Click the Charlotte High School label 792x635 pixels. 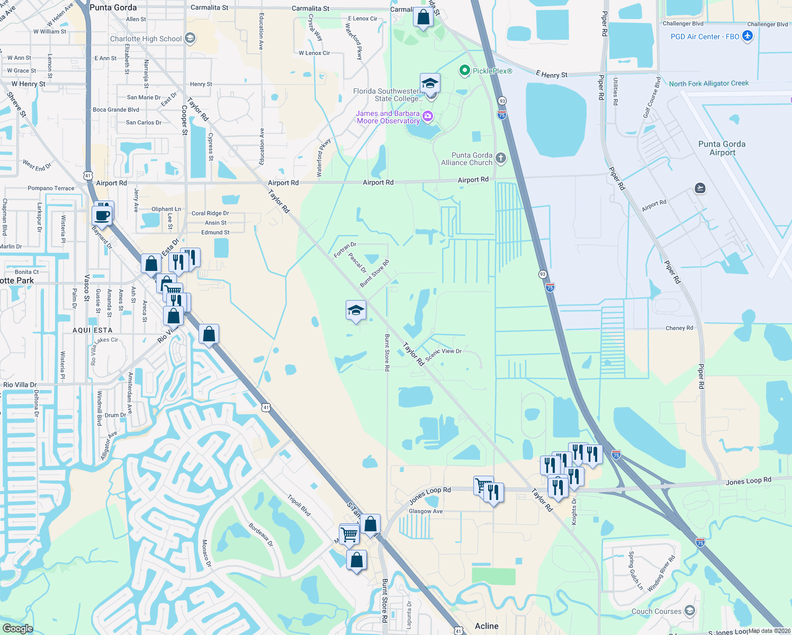pos(146,39)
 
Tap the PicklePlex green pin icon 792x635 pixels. pos(464,70)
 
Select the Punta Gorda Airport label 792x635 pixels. pos(722,148)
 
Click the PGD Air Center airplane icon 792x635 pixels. pos(747,37)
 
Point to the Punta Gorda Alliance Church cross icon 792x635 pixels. pos(500,158)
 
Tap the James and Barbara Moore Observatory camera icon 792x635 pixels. pos(428,116)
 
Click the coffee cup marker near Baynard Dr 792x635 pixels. pos(102,215)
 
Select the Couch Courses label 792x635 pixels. pos(656,611)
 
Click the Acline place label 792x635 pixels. pos(487,626)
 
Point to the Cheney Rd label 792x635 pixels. pos(679,328)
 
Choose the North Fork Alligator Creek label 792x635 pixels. pos(708,84)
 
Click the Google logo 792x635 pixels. pos(17,629)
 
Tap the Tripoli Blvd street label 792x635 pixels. pos(299,505)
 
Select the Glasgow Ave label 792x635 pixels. pos(426,511)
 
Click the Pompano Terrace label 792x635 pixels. pos(51,188)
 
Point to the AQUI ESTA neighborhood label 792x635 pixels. pos(92,330)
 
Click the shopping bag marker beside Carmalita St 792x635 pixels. pos(424,17)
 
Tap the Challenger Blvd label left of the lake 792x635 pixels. pos(683,24)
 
